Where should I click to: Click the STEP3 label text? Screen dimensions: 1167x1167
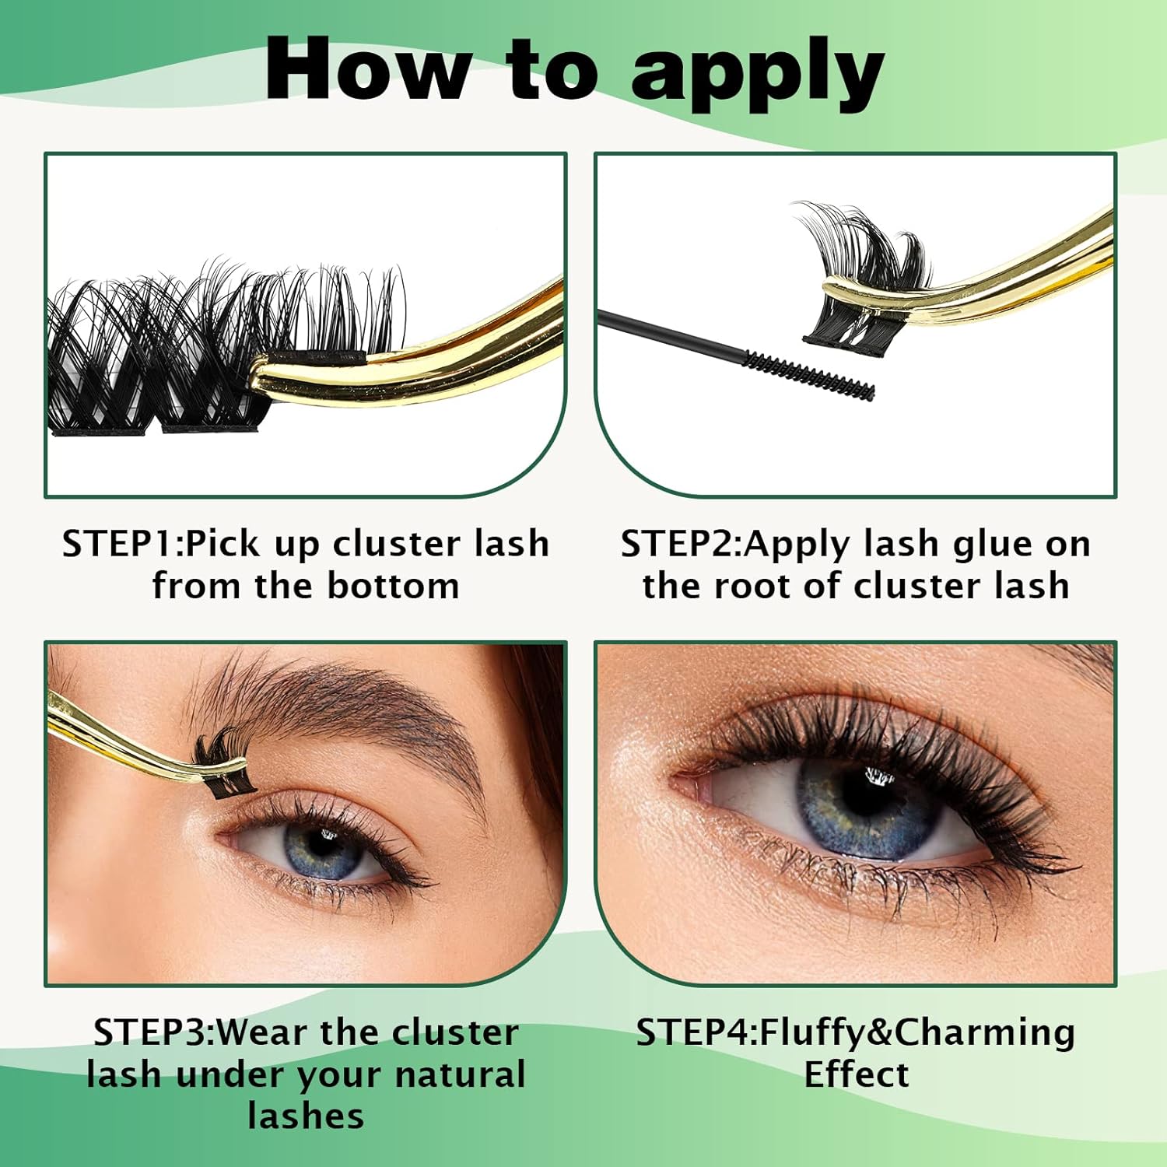152,1032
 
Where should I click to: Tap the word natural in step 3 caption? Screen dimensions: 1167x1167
460,1074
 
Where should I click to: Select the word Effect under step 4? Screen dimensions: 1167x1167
856,1074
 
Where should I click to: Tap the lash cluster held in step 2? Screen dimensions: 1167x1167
864,265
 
